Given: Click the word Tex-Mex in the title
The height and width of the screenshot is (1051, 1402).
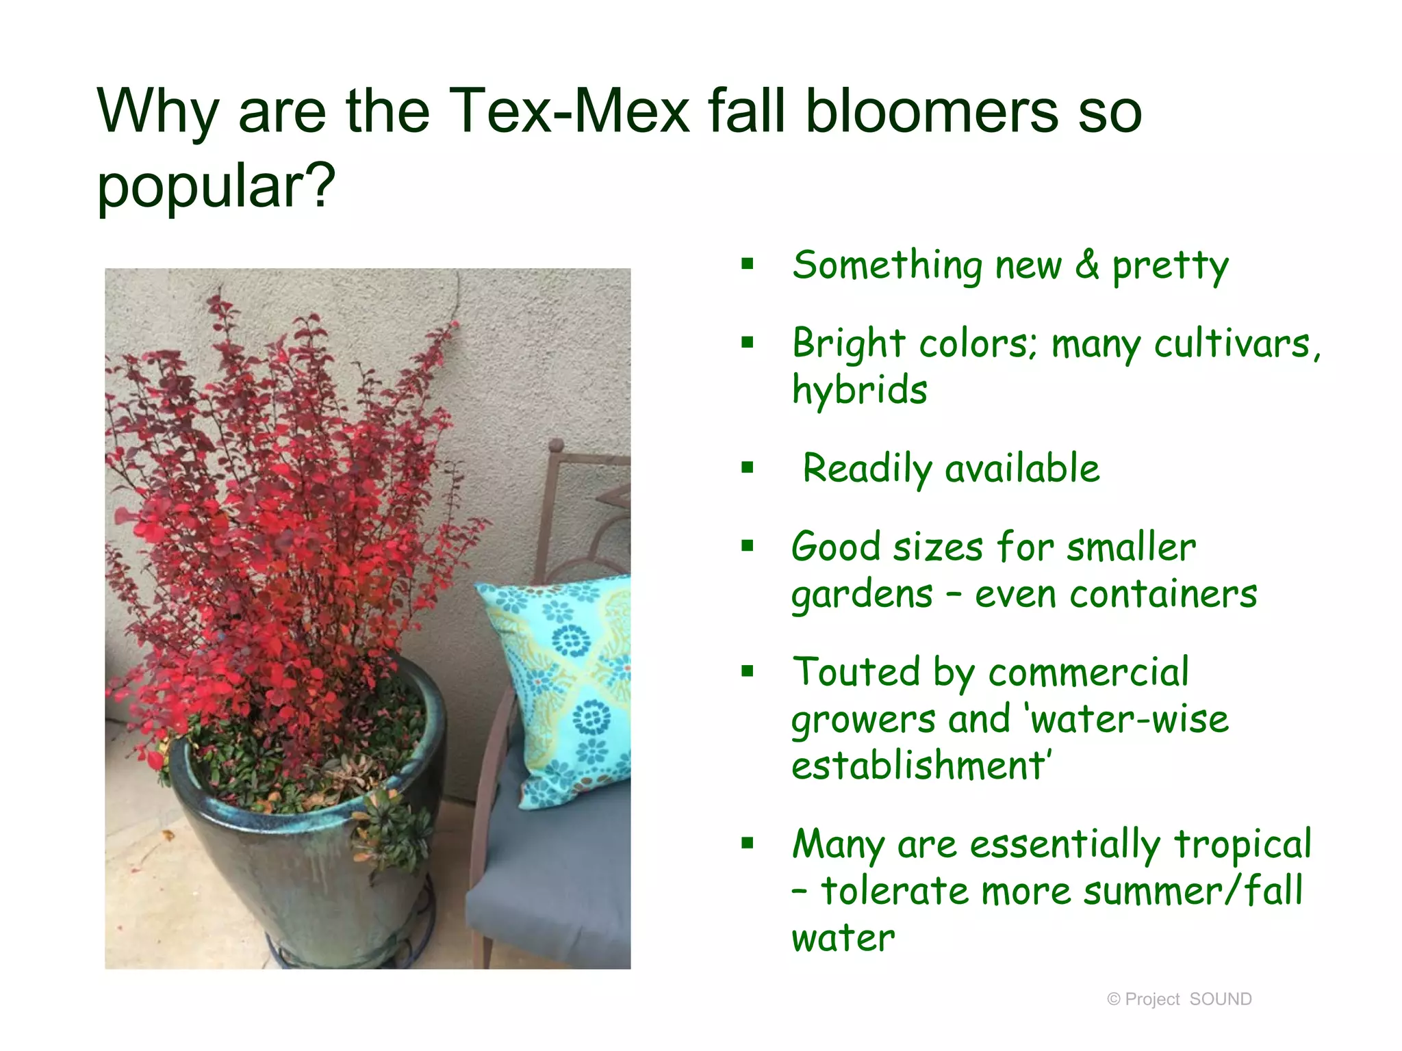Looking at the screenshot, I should click(569, 111).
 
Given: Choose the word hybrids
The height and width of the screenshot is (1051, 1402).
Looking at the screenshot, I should click(859, 390).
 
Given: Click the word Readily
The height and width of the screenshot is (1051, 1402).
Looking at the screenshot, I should click(867, 469).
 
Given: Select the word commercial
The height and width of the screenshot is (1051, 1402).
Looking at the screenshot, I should click(1088, 672).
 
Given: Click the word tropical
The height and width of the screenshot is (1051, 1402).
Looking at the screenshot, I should click(1242, 844).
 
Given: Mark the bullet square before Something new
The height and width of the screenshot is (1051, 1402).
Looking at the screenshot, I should click(748, 263).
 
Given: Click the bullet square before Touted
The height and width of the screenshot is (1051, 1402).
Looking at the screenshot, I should click(748, 671).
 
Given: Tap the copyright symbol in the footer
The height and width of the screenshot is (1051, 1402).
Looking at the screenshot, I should click(1114, 1000).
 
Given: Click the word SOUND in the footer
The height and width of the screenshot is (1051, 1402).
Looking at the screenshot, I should click(1221, 1000).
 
